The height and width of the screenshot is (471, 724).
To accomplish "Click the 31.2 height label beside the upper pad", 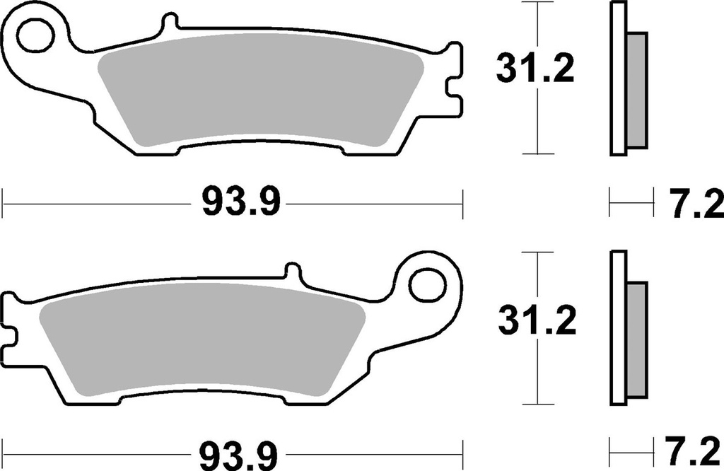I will (536, 70).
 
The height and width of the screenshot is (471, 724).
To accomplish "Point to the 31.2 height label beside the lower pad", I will (536, 322).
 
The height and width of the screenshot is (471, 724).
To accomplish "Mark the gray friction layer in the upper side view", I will (636, 90).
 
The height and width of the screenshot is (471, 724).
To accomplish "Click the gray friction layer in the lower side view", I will (636, 341).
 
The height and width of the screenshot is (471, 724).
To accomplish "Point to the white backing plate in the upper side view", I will (617, 78).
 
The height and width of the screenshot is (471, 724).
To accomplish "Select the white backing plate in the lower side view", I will (617, 329).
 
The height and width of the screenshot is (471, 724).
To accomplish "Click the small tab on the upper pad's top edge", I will (168, 23).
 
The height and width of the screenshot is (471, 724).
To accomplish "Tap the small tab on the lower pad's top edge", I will (293, 272).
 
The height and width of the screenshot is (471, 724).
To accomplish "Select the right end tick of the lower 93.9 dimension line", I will (463, 450).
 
